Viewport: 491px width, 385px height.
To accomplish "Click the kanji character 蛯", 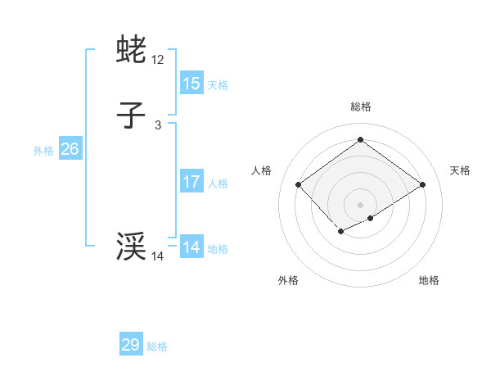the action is pyautogui.click(x=132, y=50).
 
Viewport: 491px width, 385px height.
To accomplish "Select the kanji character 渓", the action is pyautogui.click(x=132, y=247).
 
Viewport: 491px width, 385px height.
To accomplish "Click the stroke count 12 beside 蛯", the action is pyautogui.click(x=158, y=60).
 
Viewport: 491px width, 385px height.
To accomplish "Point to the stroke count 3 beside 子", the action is pyautogui.click(x=158, y=125).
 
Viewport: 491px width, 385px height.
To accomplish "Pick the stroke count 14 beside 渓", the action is pyautogui.click(x=158, y=256).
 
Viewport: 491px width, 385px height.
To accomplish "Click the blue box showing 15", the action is pyautogui.click(x=191, y=83).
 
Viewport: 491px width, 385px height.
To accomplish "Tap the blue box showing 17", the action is pyautogui.click(x=191, y=182).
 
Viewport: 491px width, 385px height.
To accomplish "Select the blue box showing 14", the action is pyautogui.click(x=191, y=247).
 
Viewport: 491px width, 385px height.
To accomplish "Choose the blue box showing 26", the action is pyautogui.click(x=70, y=149).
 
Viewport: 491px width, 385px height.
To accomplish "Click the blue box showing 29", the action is pyautogui.click(x=131, y=345).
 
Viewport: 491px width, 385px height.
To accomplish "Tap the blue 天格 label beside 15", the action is pyautogui.click(x=218, y=84).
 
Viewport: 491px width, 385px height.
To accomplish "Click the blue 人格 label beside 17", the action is pyautogui.click(x=218, y=183).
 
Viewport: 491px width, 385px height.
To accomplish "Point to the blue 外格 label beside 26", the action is pyautogui.click(x=43, y=151).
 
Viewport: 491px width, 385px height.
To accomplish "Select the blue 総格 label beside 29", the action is pyautogui.click(x=157, y=346).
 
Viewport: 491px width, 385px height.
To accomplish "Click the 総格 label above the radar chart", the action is pyautogui.click(x=360, y=106).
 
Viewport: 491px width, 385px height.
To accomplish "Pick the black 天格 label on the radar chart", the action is pyautogui.click(x=460, y=170).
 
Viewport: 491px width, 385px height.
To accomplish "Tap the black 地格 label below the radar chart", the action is pyautogui.click(x=429, y=280).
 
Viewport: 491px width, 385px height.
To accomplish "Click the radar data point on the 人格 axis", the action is pyautogui.click(x=299, y=185).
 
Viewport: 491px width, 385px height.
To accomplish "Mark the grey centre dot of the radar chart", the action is pyautogui.click(x=360, y=205).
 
